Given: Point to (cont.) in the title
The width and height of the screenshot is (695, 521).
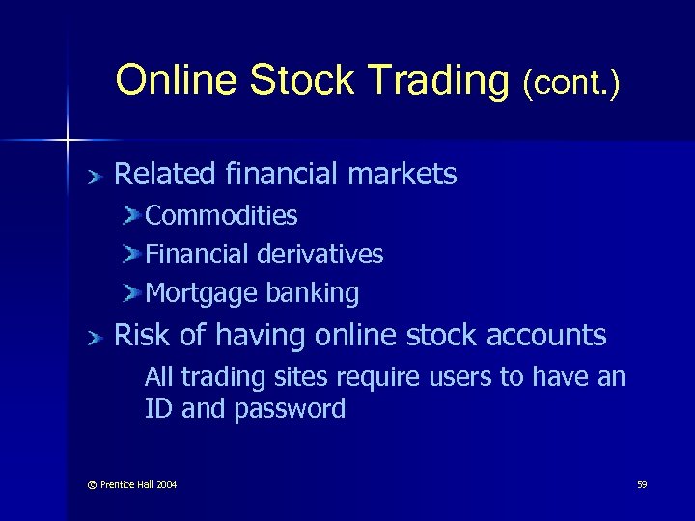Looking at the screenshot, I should point(570,83).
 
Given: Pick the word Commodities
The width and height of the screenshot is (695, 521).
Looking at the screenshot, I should point(221,216).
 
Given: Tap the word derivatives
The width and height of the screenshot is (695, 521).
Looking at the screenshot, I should point(320,255).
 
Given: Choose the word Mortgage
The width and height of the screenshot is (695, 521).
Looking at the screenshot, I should point(197,293).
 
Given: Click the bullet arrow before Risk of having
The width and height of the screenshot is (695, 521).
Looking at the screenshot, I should point(93,337).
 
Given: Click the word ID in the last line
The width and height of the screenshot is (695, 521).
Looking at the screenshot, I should point(159,408).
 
